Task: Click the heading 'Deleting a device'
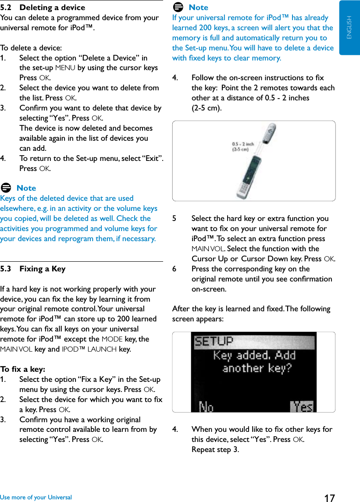pos(52,7)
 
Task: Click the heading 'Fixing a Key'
pos(42,269)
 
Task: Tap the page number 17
pos(329,498)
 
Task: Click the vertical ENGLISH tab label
pos(349,28)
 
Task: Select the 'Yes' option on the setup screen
pos(302,406)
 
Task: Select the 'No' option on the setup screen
pos(207,406)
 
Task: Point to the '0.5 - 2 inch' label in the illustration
pos(242,144)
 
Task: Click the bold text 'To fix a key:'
pos(23,369)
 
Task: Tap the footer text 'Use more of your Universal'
pos(36,497)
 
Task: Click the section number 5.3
pos(6,269)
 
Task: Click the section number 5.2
pos(6,7)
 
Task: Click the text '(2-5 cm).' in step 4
pos(207,108)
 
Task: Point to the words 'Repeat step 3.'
pos(215,449)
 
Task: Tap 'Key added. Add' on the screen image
pos(254,355)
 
